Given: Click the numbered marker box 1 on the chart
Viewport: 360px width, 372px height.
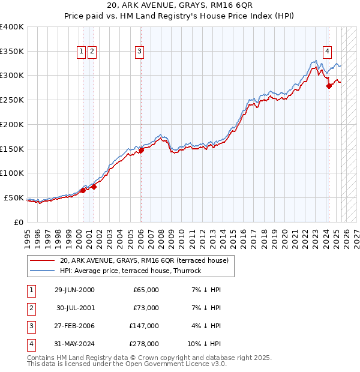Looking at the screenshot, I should [81, 52].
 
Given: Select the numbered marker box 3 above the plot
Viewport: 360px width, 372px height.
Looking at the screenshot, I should [139, 52].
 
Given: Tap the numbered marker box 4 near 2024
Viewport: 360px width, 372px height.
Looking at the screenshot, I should [328, 52].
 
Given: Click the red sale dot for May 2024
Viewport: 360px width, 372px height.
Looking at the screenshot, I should [329, 86].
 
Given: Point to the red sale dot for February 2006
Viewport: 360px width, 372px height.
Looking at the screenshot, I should [141, 151].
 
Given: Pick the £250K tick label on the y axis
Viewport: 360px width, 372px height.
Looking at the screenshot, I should [11, 100].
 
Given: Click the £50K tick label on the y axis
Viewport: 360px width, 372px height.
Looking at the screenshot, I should [14, 198].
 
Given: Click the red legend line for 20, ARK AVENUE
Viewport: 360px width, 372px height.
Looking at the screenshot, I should [41, 261].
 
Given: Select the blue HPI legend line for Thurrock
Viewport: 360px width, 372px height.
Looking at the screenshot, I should [41, 271].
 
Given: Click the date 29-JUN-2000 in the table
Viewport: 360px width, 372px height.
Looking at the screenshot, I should [74, 290].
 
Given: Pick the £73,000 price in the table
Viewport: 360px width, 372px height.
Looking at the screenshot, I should [146, 308].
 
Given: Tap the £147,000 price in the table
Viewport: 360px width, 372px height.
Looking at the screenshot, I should [144, 326].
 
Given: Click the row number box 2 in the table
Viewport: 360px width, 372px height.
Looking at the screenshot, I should [31, 308].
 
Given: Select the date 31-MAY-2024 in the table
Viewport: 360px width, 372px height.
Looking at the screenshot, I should [74, 344].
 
